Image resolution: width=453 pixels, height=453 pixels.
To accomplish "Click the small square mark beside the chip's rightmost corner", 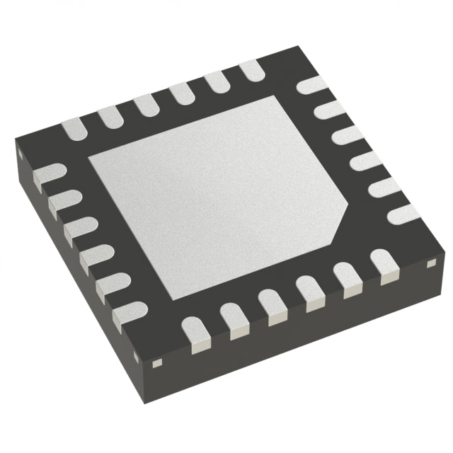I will click(x=430, y=265).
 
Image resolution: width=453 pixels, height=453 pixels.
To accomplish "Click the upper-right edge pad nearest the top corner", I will click(x=311, y=86).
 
